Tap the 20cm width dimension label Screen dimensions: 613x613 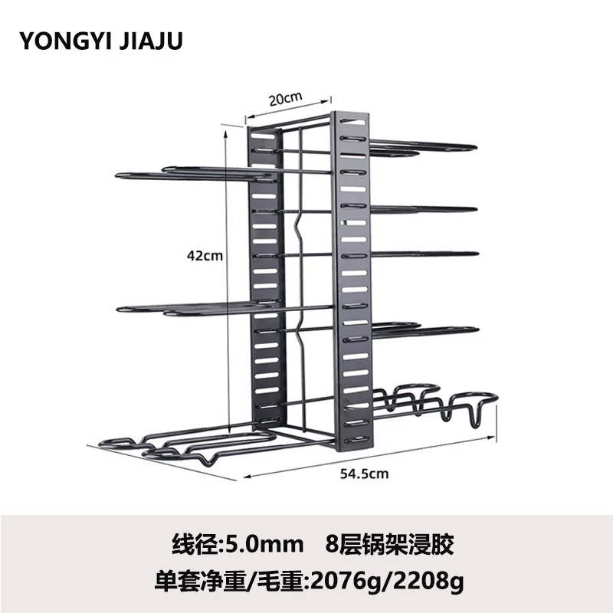[286, 98]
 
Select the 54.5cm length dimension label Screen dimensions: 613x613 [364, 474]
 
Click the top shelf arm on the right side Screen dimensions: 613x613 [429, 147]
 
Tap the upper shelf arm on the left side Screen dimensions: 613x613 [192, 175]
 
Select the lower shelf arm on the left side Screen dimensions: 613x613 [192, 309]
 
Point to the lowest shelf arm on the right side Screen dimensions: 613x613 [429, 329]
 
